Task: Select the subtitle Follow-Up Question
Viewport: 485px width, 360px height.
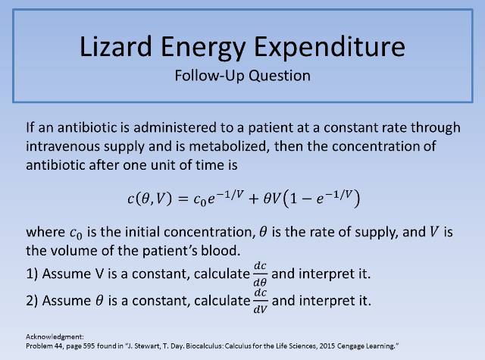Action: click(242, 76)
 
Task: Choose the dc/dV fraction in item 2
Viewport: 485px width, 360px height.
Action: click(258, 299)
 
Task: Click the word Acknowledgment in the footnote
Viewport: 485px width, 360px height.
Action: click(50, 335)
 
